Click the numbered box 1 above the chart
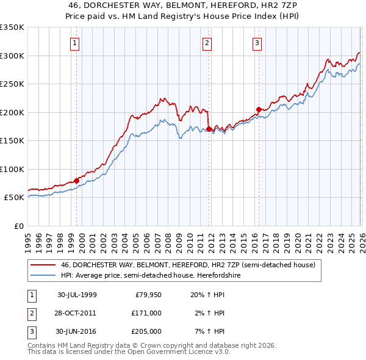(x=74, y=43)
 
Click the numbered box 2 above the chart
(x=207, y=43)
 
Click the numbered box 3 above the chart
(x=257, y=43)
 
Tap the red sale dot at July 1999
(x=77, y=181)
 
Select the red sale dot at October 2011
(x=209, y=129)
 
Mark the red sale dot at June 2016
(x=259, y=109)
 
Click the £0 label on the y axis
(x=18, y=226)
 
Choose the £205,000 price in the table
(x=146, y=331)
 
